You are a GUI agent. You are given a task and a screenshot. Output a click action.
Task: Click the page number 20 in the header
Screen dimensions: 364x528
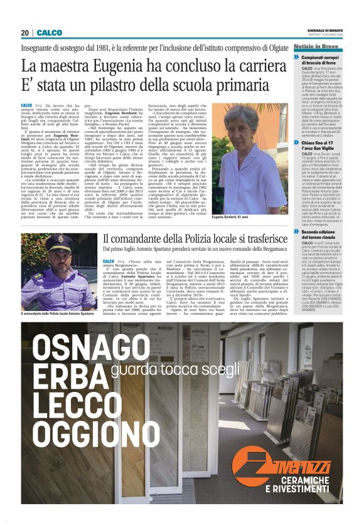point(24,33)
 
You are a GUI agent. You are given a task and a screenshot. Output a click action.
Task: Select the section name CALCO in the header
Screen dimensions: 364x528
point(49,33)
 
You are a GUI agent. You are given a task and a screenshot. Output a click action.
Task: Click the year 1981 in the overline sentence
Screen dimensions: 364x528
point(122,47)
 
